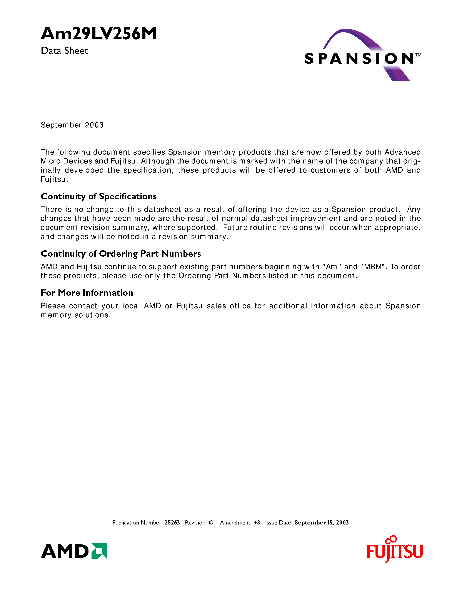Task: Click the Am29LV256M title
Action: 98,34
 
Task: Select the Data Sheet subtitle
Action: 64,51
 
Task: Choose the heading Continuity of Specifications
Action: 98,196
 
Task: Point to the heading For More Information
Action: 87,293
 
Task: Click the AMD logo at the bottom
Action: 65,551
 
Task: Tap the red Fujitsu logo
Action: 394,551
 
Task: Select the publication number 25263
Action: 172,523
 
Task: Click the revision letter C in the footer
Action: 211,523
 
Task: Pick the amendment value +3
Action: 257,523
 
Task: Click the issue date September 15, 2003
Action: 321,523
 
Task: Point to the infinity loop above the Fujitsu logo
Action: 391,539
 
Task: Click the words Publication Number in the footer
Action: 137,523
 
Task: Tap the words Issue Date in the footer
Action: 278,523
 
